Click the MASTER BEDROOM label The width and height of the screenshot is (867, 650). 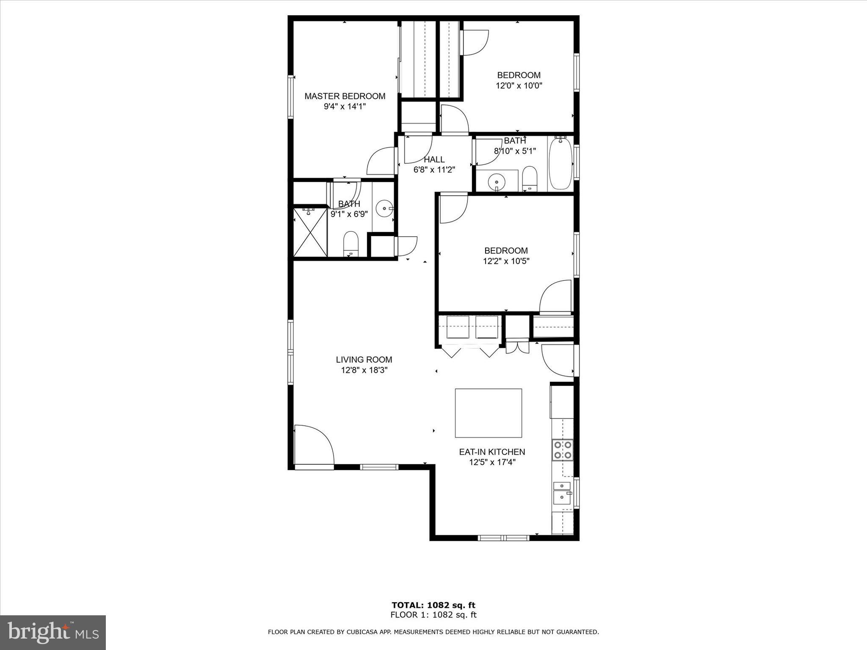[x=345, y=96]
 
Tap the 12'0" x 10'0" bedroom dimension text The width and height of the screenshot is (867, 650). [x=519, y=85]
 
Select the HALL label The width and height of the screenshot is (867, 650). [x=434, y=160]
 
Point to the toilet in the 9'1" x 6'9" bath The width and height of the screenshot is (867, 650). [x=351, y=243]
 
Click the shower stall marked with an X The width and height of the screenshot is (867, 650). [x=310, y=232]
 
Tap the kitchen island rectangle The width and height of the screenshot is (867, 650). [x=488, y=413]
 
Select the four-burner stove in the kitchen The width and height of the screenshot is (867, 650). [x=562, y=450]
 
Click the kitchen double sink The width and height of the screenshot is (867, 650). [x=562, y=492]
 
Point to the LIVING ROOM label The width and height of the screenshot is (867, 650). [x=364, y=360]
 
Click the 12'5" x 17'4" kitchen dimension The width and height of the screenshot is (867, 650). [x=492, y=463]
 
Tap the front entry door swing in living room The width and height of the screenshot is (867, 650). [x=313, y=445]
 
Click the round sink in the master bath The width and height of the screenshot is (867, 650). [x=384, y=209]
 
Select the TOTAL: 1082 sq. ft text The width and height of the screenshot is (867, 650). [x=433, y=605]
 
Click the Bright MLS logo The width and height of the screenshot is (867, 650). [x=53, y=633]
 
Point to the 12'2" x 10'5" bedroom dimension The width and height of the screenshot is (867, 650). [x=506, y=261]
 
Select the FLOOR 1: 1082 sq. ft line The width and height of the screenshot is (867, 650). [x=433, y=615]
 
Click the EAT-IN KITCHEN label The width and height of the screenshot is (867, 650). [x=492, y=452]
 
